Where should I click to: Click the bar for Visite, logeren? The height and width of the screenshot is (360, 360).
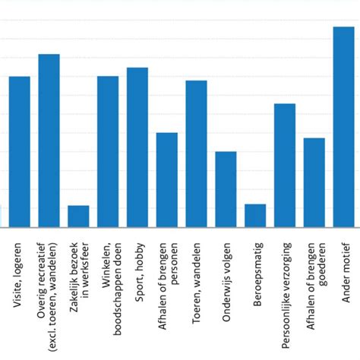(20, 152)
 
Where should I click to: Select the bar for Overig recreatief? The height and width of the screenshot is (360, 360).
(49, 141)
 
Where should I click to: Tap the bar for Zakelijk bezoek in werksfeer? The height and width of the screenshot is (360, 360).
(78, 216)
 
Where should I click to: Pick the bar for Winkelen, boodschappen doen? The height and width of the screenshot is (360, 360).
(108, 152)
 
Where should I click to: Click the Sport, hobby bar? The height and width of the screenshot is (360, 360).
(137, 147)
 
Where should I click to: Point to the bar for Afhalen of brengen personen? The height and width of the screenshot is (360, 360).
(167, 179)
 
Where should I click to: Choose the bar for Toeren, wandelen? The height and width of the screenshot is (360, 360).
(197, 153)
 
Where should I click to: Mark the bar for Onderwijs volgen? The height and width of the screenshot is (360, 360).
(226, 189)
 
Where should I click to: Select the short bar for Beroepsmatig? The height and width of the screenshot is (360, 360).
(255, 215)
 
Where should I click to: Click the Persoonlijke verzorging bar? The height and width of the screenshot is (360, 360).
(285, 165)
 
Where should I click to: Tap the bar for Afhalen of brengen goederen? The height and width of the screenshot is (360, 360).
(314, 182)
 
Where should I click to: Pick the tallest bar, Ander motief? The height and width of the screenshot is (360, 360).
(344, 127)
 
